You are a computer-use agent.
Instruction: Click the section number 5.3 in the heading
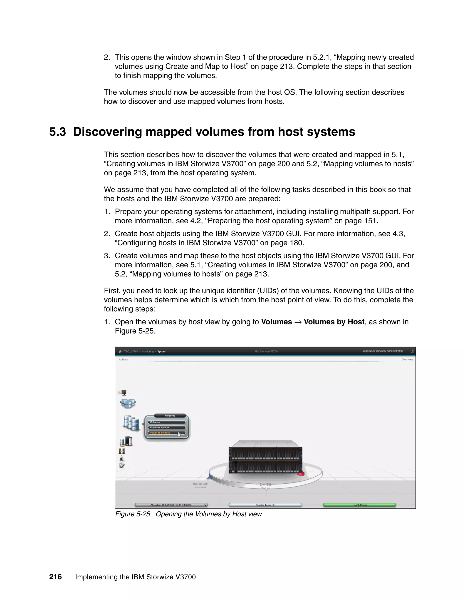[58, 132]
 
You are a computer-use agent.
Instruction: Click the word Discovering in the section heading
[107, 132]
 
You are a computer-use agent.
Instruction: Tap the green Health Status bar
[359, 505]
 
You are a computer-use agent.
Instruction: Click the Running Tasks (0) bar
[265, 505]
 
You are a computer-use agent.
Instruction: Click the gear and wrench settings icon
[122, 465]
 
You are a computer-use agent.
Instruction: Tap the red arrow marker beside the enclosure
[301, 474]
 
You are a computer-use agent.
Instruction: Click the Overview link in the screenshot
[407, 359]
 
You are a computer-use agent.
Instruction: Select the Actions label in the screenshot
[124, 359]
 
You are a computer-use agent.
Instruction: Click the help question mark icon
[412, 351]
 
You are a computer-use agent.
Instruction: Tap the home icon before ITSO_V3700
[120, 351]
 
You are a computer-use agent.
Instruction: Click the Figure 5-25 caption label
[133, 514]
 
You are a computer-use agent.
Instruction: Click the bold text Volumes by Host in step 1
[334, 322]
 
